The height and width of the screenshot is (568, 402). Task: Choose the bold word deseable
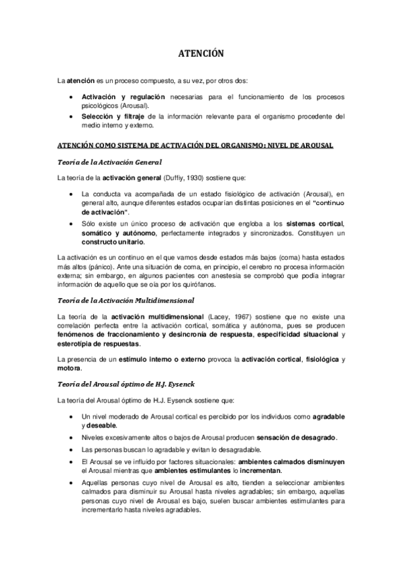pos(98,426)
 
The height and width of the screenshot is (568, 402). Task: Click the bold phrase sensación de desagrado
pos(294,438)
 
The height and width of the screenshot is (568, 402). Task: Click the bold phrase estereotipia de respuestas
pos(99,344)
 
